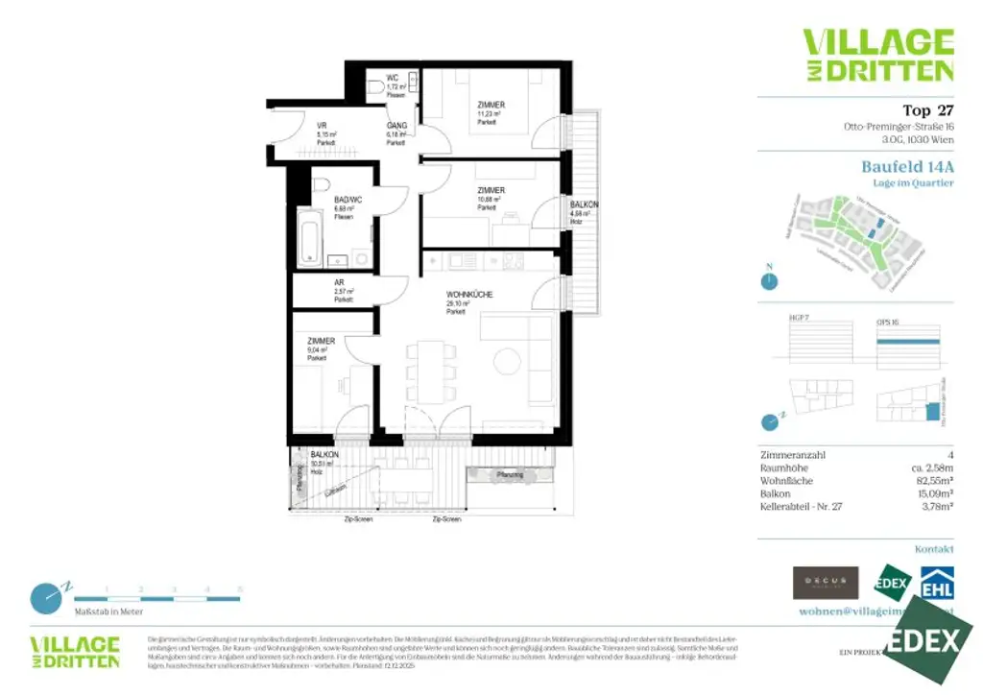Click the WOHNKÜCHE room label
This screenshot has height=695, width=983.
pos(469,295)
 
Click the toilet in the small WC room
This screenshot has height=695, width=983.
pos(373,87)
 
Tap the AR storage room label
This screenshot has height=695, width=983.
pos(340,283)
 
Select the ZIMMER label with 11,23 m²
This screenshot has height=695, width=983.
pos(491,105)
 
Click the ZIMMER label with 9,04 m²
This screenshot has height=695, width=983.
pos(321,342)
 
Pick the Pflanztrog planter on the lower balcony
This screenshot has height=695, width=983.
pos(510,474)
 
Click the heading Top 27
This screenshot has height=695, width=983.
pos(927,110)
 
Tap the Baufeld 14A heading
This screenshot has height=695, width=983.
pos(907,166)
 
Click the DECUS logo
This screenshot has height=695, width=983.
pos(825,583)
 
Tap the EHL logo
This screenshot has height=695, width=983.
pos(936,582)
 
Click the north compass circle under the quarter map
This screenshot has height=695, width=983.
pos(768,281)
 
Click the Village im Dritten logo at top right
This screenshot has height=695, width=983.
pos(877,55)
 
